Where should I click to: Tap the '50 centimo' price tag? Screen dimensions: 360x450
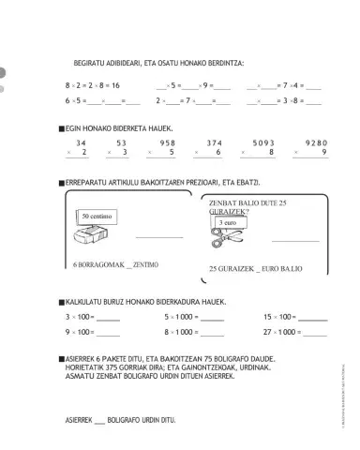click(x=97, y=217)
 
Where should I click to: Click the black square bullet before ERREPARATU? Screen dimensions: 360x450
click(x=61, y=182)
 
